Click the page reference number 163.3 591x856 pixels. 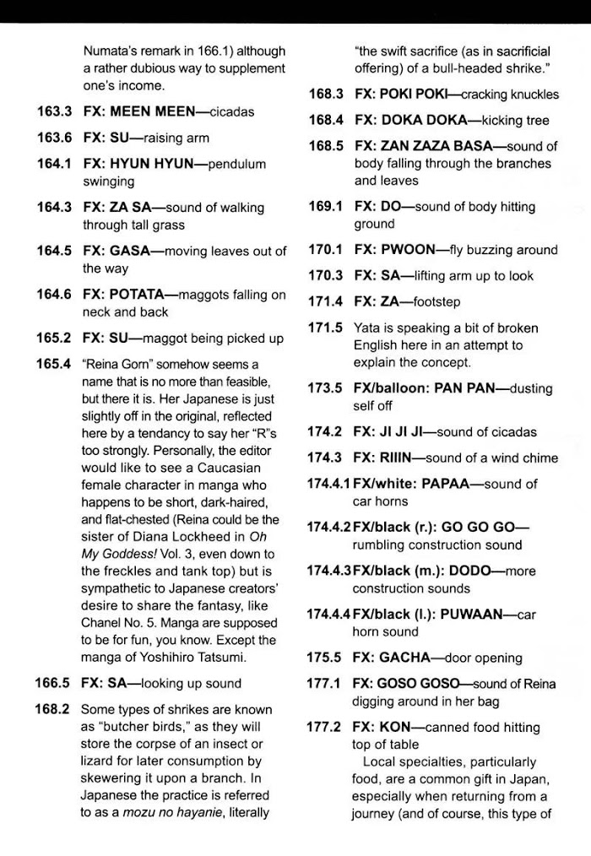click(57, 111)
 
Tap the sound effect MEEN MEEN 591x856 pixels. click(158, 111)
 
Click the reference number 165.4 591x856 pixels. click(57, 364)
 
